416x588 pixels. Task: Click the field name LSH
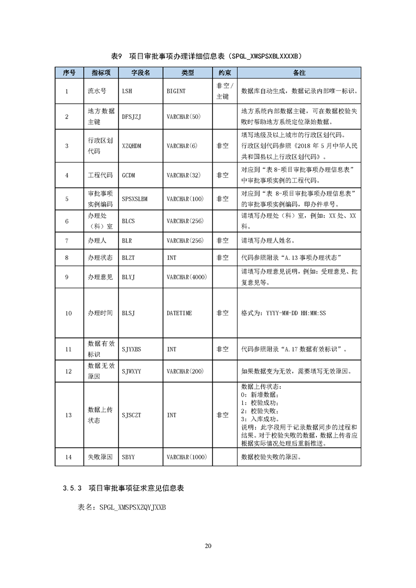(x=127, y=91)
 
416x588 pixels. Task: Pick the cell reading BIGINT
(x=176, y=91)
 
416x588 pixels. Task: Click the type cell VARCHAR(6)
(x=182, y=146)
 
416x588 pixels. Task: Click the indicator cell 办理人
(x=97, y=241)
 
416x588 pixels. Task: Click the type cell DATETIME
(x=179, y=313)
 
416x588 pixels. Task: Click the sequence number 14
(x=68, y=457)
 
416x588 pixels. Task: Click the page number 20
(x=208, y=546)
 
